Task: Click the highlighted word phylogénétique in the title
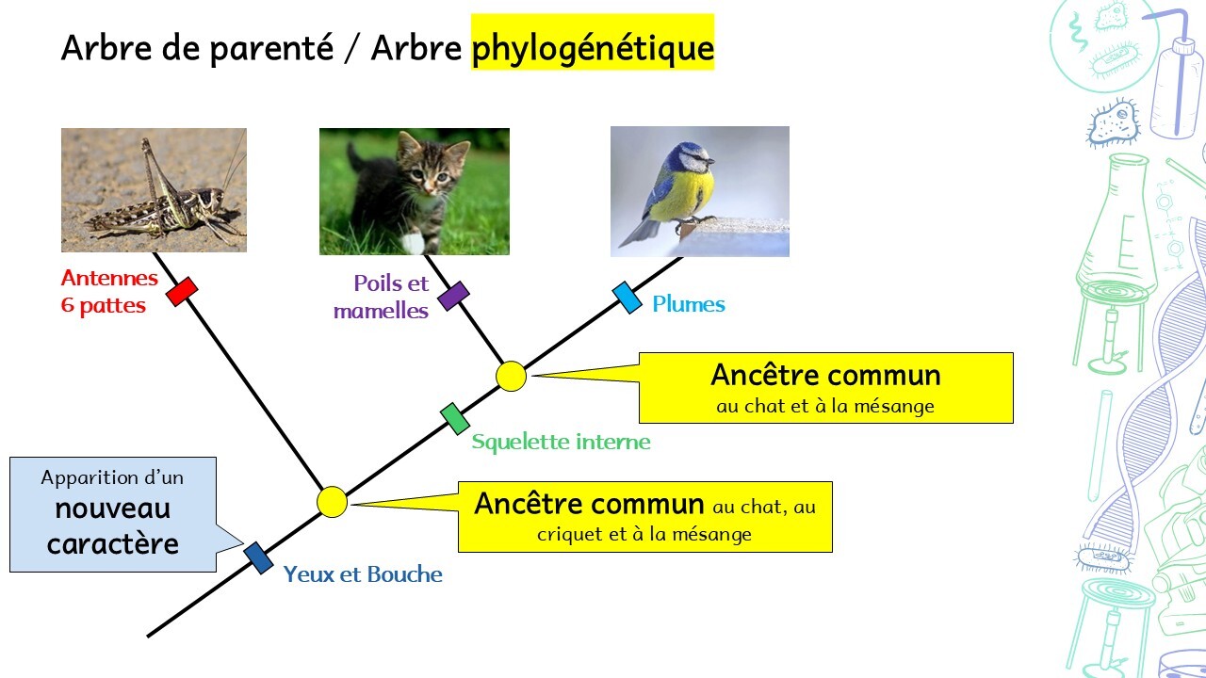click(x=593, y=48)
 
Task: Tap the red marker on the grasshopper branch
click(x=182, y=292)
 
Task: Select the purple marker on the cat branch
click(x=453, y=296)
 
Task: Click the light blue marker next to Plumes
click(x=627, y=298)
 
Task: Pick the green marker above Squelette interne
click(x=455, y=419)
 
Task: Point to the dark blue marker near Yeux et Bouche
click(x=258, y=558)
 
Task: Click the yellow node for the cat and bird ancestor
click(x=511, y=376)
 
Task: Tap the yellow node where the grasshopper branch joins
click(x=333, y=502)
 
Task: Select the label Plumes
click(x=689, y=304)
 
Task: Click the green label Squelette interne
click(x=561, y=442)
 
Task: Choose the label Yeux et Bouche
click(x=363, y=574)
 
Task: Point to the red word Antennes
click(x=109, y=278)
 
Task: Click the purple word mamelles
click(x=382, y=311)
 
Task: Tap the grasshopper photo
click(x=154, y=190)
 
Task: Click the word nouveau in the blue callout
click(x=112, y=509)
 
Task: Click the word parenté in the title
click(x=272, y=48)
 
